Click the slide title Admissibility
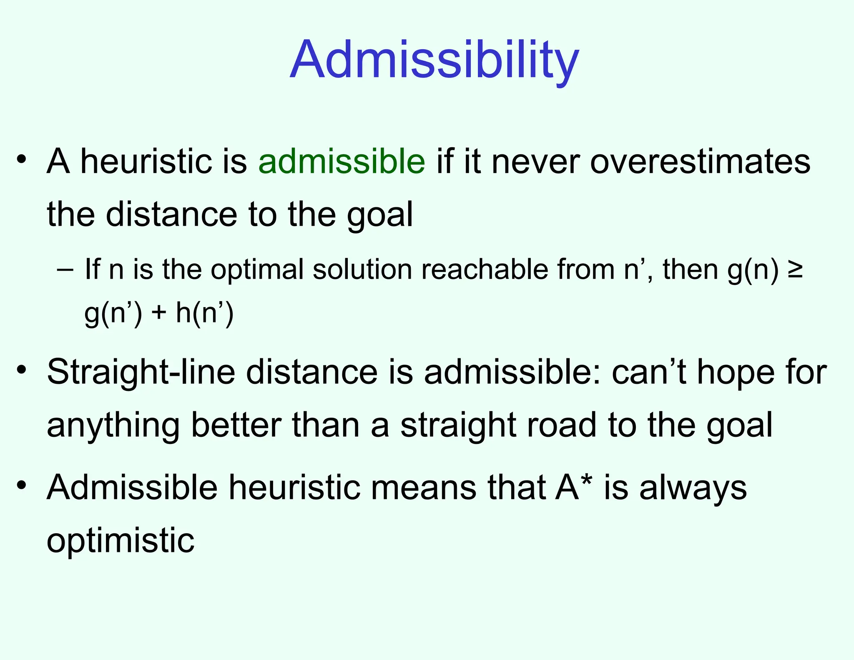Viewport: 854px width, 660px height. coord(435,59)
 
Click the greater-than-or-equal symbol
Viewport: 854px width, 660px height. coord(795,270)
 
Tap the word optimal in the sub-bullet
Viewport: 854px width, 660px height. coord(257,270)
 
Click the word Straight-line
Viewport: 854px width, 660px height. coord(141,372)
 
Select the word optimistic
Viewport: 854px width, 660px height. coord(121,541)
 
